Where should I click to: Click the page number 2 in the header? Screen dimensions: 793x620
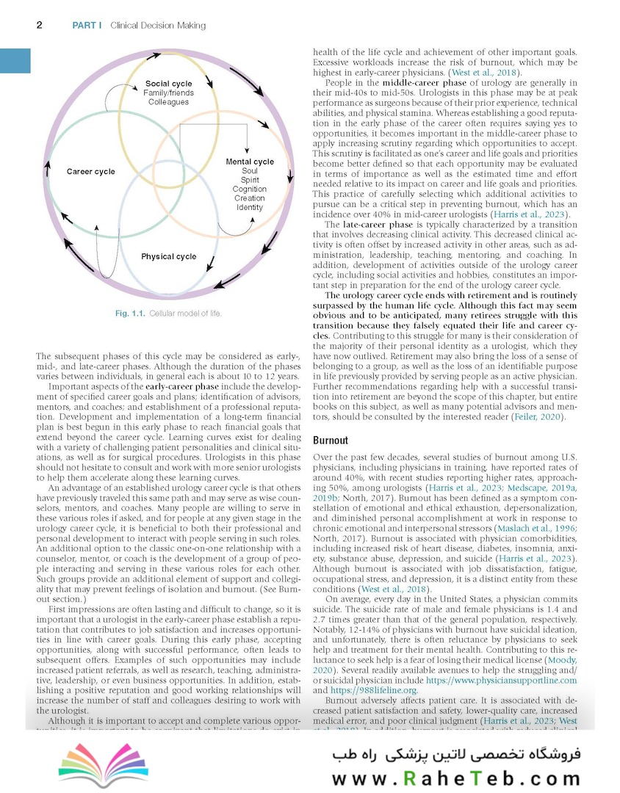[39, 26]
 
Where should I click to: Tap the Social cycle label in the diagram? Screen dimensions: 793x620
[168, 84]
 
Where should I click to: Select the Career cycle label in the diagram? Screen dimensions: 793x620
[91, 172]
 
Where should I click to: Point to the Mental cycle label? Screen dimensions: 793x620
[250, 162]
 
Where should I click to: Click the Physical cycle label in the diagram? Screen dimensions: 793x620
[169, 256]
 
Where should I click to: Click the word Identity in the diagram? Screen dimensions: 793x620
[250, 208]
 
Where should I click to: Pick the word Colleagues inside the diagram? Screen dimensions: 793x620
[168, 101]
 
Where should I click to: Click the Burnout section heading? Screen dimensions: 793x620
[331, 441]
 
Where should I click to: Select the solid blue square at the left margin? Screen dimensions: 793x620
[15, 60]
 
